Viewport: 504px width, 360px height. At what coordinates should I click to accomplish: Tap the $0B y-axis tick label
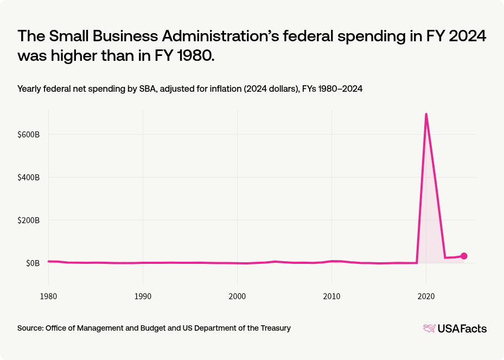click(33, 263)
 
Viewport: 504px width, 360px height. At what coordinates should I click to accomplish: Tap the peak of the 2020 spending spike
click(426, 114)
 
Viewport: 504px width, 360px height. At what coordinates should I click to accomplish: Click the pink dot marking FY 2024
click(464, 256)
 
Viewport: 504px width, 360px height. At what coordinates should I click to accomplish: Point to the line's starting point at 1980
click(49, 261)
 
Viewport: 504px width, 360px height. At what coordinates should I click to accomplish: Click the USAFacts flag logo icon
click(429, 328)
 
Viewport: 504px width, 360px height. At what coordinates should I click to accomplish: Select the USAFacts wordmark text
click(462, 329)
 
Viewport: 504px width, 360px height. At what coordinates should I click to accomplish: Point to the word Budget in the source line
click(133, 328)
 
